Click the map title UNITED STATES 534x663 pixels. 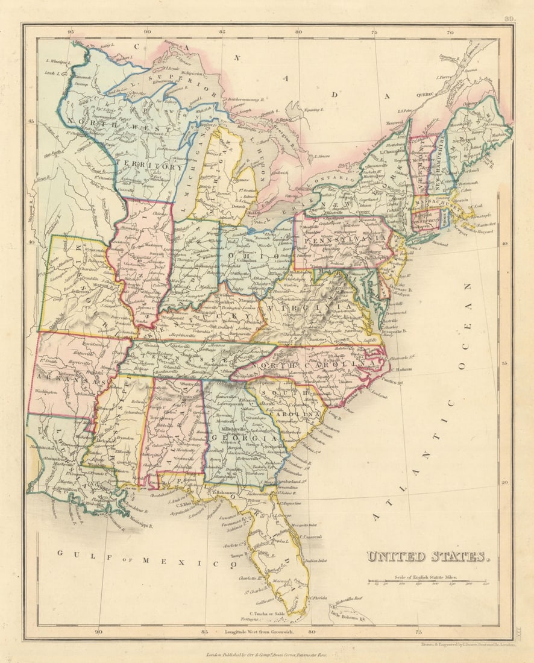pos(427,556)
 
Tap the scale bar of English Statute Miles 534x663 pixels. pos(428,582)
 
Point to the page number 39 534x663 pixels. pos(509,20)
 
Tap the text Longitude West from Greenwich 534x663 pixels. pos(260,631)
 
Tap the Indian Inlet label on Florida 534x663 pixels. pos(319,561)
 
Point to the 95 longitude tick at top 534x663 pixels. pos(71,32)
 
